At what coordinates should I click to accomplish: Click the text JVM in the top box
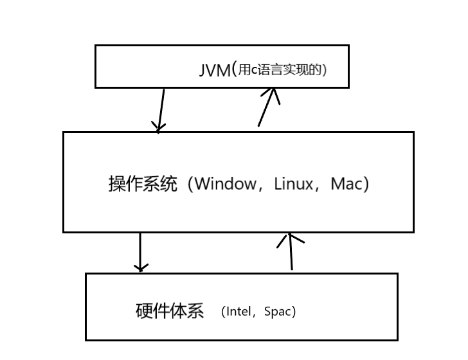click(x=215, y=70)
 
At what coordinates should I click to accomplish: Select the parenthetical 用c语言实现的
click(x=280, y=69)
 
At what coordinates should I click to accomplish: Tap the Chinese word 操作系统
click(x=142, y=184)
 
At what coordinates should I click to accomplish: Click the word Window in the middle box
click(x=225, y=184)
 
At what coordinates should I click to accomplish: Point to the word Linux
click(x=293, y=184)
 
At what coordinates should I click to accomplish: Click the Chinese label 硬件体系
click(x=170, y=312)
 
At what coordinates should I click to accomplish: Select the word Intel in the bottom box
click(x=242, y=312)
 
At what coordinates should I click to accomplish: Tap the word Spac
click(x=278, y=312)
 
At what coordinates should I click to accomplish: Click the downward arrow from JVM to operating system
click(x=161, y=109)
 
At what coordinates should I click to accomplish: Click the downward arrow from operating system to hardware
click(x=140, y=252)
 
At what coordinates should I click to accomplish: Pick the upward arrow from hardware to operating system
click(x=291, y=252)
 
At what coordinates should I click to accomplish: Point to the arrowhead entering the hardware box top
click(x=141, y=267)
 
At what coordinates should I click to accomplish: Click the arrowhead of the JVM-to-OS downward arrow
click(x=158, y=127)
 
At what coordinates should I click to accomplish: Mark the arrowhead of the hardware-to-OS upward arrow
click(x=290, y=239)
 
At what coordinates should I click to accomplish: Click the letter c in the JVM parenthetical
click(x=253, y=71)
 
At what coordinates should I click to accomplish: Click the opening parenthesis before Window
click(x=190, y=184)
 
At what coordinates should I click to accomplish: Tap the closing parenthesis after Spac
click(x=293, y=312)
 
